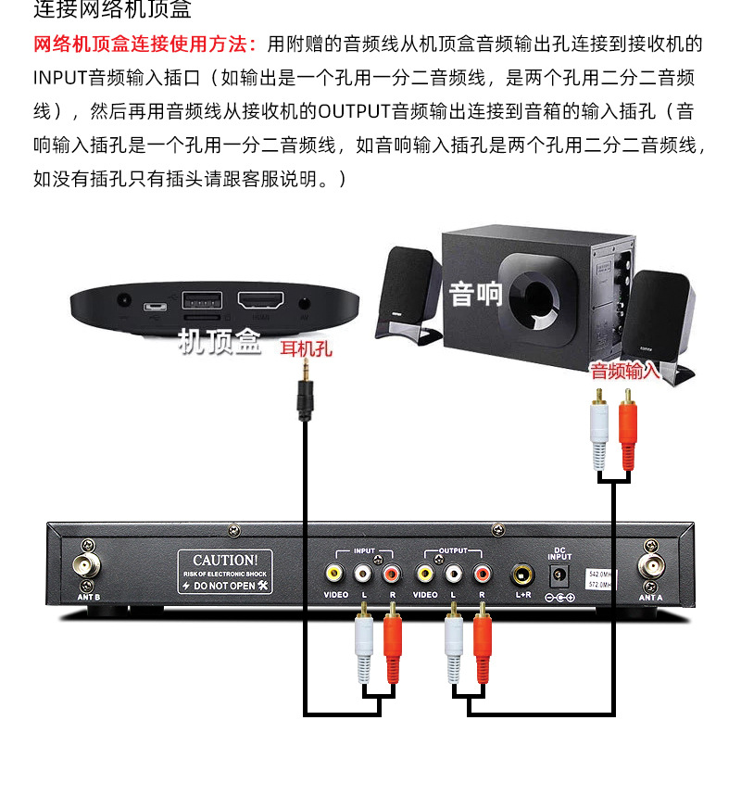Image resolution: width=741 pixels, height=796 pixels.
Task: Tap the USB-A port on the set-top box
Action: coord(202,300)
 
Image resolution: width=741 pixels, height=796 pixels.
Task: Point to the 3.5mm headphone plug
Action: coord(305,395)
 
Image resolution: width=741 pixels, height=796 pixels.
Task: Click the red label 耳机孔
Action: coord(306,349)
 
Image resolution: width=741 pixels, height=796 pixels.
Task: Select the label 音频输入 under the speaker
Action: coord(625,372)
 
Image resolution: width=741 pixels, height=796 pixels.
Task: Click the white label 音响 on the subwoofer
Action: coord(475,295)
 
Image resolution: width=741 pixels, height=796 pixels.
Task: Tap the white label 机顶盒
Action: coord(220,343)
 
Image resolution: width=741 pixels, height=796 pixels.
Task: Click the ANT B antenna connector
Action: coord(89,566)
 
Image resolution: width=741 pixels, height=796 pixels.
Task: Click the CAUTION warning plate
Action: coord(225,572)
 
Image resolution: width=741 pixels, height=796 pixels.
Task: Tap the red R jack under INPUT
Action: coord(392,573)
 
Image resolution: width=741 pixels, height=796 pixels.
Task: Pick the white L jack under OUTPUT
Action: coord(453,573)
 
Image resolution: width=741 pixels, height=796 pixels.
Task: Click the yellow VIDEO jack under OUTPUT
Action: coord(425,573)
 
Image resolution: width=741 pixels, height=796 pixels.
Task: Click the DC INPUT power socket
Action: coord(559,575)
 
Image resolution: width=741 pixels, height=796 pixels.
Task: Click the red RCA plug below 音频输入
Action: coord(628,431)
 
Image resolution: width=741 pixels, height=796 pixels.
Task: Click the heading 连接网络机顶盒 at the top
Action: coord(112,11)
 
